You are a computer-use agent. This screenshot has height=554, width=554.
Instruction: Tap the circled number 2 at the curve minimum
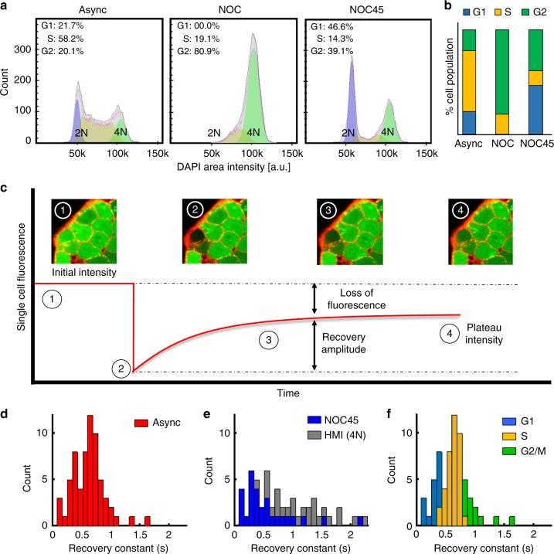[x=121, y=369]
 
